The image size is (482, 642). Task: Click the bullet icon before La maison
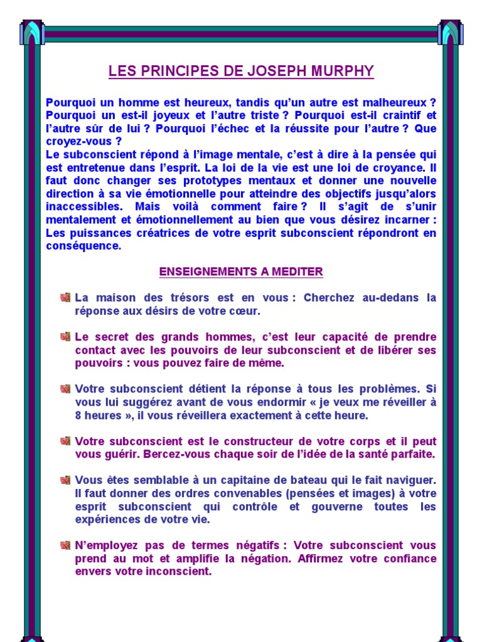tap(65, 297)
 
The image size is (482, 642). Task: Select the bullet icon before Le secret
tap(65, 337)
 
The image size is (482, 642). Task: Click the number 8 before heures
tap(78, 416)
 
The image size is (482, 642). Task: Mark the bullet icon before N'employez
tap(65, 545)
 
